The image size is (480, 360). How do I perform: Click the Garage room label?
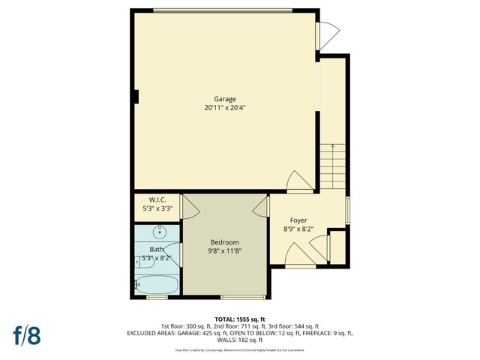pos(225,99)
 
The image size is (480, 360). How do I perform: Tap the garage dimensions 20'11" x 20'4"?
pos(225,108)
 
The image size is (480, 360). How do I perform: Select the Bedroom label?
pos(224,242)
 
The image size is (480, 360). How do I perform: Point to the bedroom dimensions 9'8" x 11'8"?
pos(224,251)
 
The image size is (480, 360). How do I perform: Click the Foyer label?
pos(299,220)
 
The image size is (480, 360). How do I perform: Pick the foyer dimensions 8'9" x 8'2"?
pos(299,229)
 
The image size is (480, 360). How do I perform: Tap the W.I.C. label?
pos(157,199)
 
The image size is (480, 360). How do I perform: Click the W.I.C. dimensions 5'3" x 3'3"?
pos(157,208)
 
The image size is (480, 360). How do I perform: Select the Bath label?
pos(157,249)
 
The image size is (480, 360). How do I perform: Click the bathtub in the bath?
pos(157,285)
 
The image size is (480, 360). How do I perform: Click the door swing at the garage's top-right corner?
pos(328,34)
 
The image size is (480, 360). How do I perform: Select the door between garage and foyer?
pos(298,181)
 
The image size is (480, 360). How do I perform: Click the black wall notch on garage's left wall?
pos(136,96)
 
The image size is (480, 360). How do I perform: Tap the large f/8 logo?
pos(25,334)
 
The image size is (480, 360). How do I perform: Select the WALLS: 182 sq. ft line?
pos(240,339)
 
